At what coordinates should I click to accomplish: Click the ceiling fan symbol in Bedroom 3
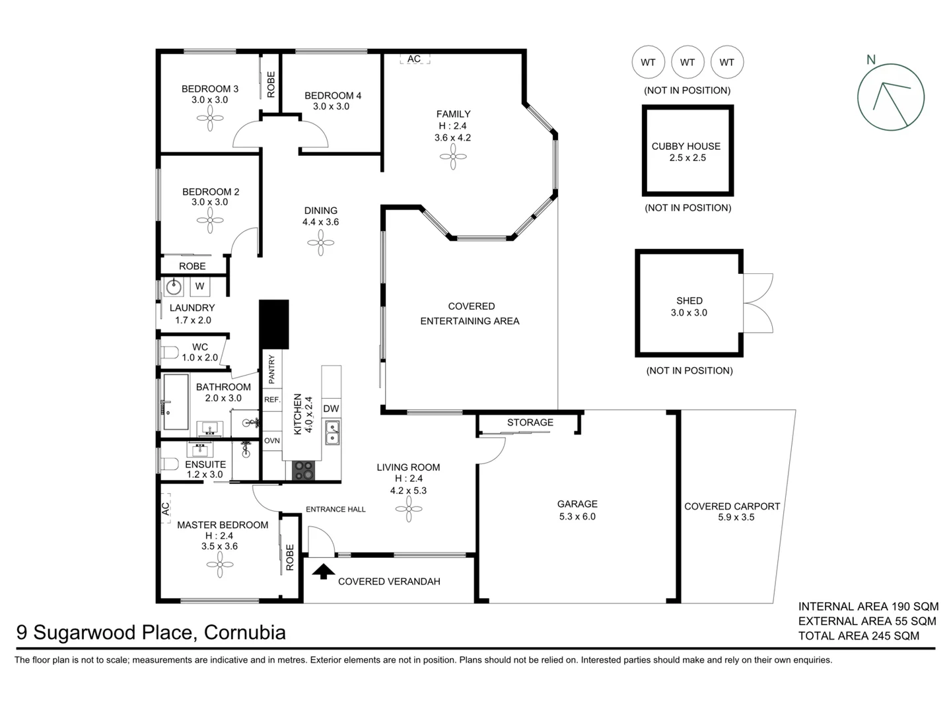tap(210, 119)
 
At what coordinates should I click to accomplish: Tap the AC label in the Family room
tap(414, 59)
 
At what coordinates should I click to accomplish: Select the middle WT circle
tap(687, 62)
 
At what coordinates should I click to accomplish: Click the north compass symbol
tap(890, 97)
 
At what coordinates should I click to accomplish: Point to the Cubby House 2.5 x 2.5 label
tap(686, 152)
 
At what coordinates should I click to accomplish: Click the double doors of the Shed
tap(758, 303)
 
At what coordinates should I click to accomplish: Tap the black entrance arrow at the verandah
tap(323, 571)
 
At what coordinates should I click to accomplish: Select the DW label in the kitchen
tap(331, 409)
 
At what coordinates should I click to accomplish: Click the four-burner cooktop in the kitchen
tap(304, 470)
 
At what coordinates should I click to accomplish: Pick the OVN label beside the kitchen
tap(272, 440)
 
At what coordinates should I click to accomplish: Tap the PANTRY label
tap(271, 370)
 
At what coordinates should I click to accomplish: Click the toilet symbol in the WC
tap(169, 352)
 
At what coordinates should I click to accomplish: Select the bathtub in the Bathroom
tap(176, 403)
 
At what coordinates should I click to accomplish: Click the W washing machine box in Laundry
tap(199, 287)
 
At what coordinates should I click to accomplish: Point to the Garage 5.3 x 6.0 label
tap(577, 510)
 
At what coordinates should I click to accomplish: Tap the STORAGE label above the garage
tap(530, 423)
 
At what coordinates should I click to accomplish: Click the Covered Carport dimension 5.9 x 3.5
tap(736, 518)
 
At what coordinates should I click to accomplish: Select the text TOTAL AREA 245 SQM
tap(859, 636)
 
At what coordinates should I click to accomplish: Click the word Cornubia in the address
tap(245, 632)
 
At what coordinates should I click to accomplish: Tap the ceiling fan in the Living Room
tap(409, 508)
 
